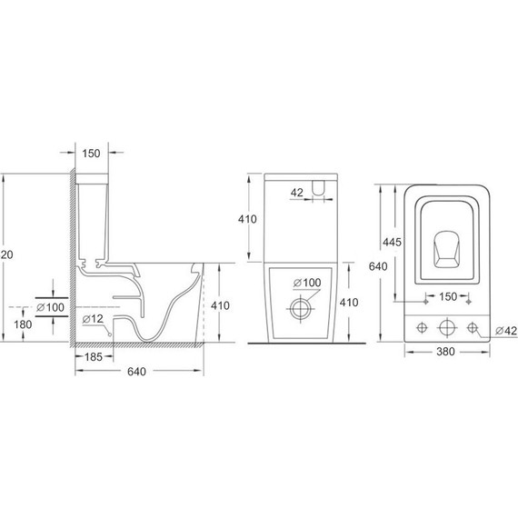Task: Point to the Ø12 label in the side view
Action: tap(93, 320)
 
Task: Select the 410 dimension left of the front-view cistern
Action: tap(258, 218)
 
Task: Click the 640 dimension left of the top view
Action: tap(381, 267)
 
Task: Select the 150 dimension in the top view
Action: tap(446, 295)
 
